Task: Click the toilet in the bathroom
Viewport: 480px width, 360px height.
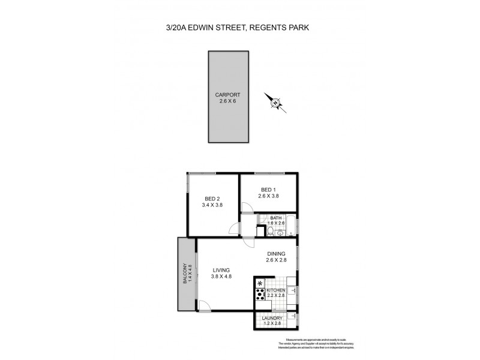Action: point(271,231)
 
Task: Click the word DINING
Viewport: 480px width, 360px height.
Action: point(276,253)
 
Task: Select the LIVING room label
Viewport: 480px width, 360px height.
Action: point(221,269)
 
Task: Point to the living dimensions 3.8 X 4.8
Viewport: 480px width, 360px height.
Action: point(221,277)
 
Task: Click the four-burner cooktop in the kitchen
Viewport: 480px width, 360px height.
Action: point(260,293)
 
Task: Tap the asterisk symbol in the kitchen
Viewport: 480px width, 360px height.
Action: point(260,283)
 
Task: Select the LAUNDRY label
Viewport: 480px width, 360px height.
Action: point(272,318)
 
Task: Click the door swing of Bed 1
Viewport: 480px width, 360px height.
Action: point(246,208)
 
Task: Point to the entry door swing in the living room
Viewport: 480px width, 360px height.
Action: point(205,305)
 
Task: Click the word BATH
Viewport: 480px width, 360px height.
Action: point(276,218)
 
